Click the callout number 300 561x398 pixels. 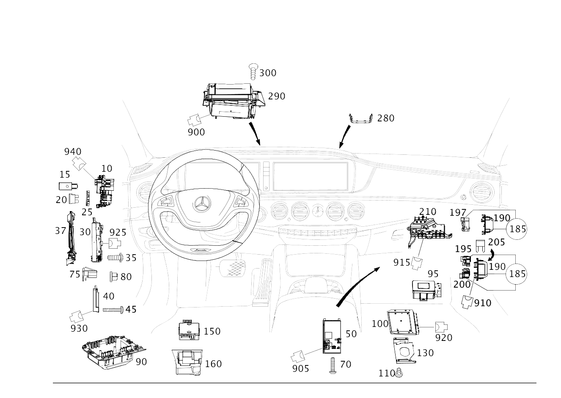267,73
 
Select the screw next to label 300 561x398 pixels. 253,71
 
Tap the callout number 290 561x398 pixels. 277,96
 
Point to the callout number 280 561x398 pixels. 385,118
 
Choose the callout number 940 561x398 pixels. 73,151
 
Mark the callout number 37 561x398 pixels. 60,231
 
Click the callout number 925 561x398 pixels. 118,232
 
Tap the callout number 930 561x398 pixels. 79,328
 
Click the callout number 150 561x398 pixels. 212,331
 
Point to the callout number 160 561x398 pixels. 213,364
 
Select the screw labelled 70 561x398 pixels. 332,364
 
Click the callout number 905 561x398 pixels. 300,368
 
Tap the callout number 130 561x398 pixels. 425,353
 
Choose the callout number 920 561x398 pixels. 444,338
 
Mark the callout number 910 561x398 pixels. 483,303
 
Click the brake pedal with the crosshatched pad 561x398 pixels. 233,268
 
